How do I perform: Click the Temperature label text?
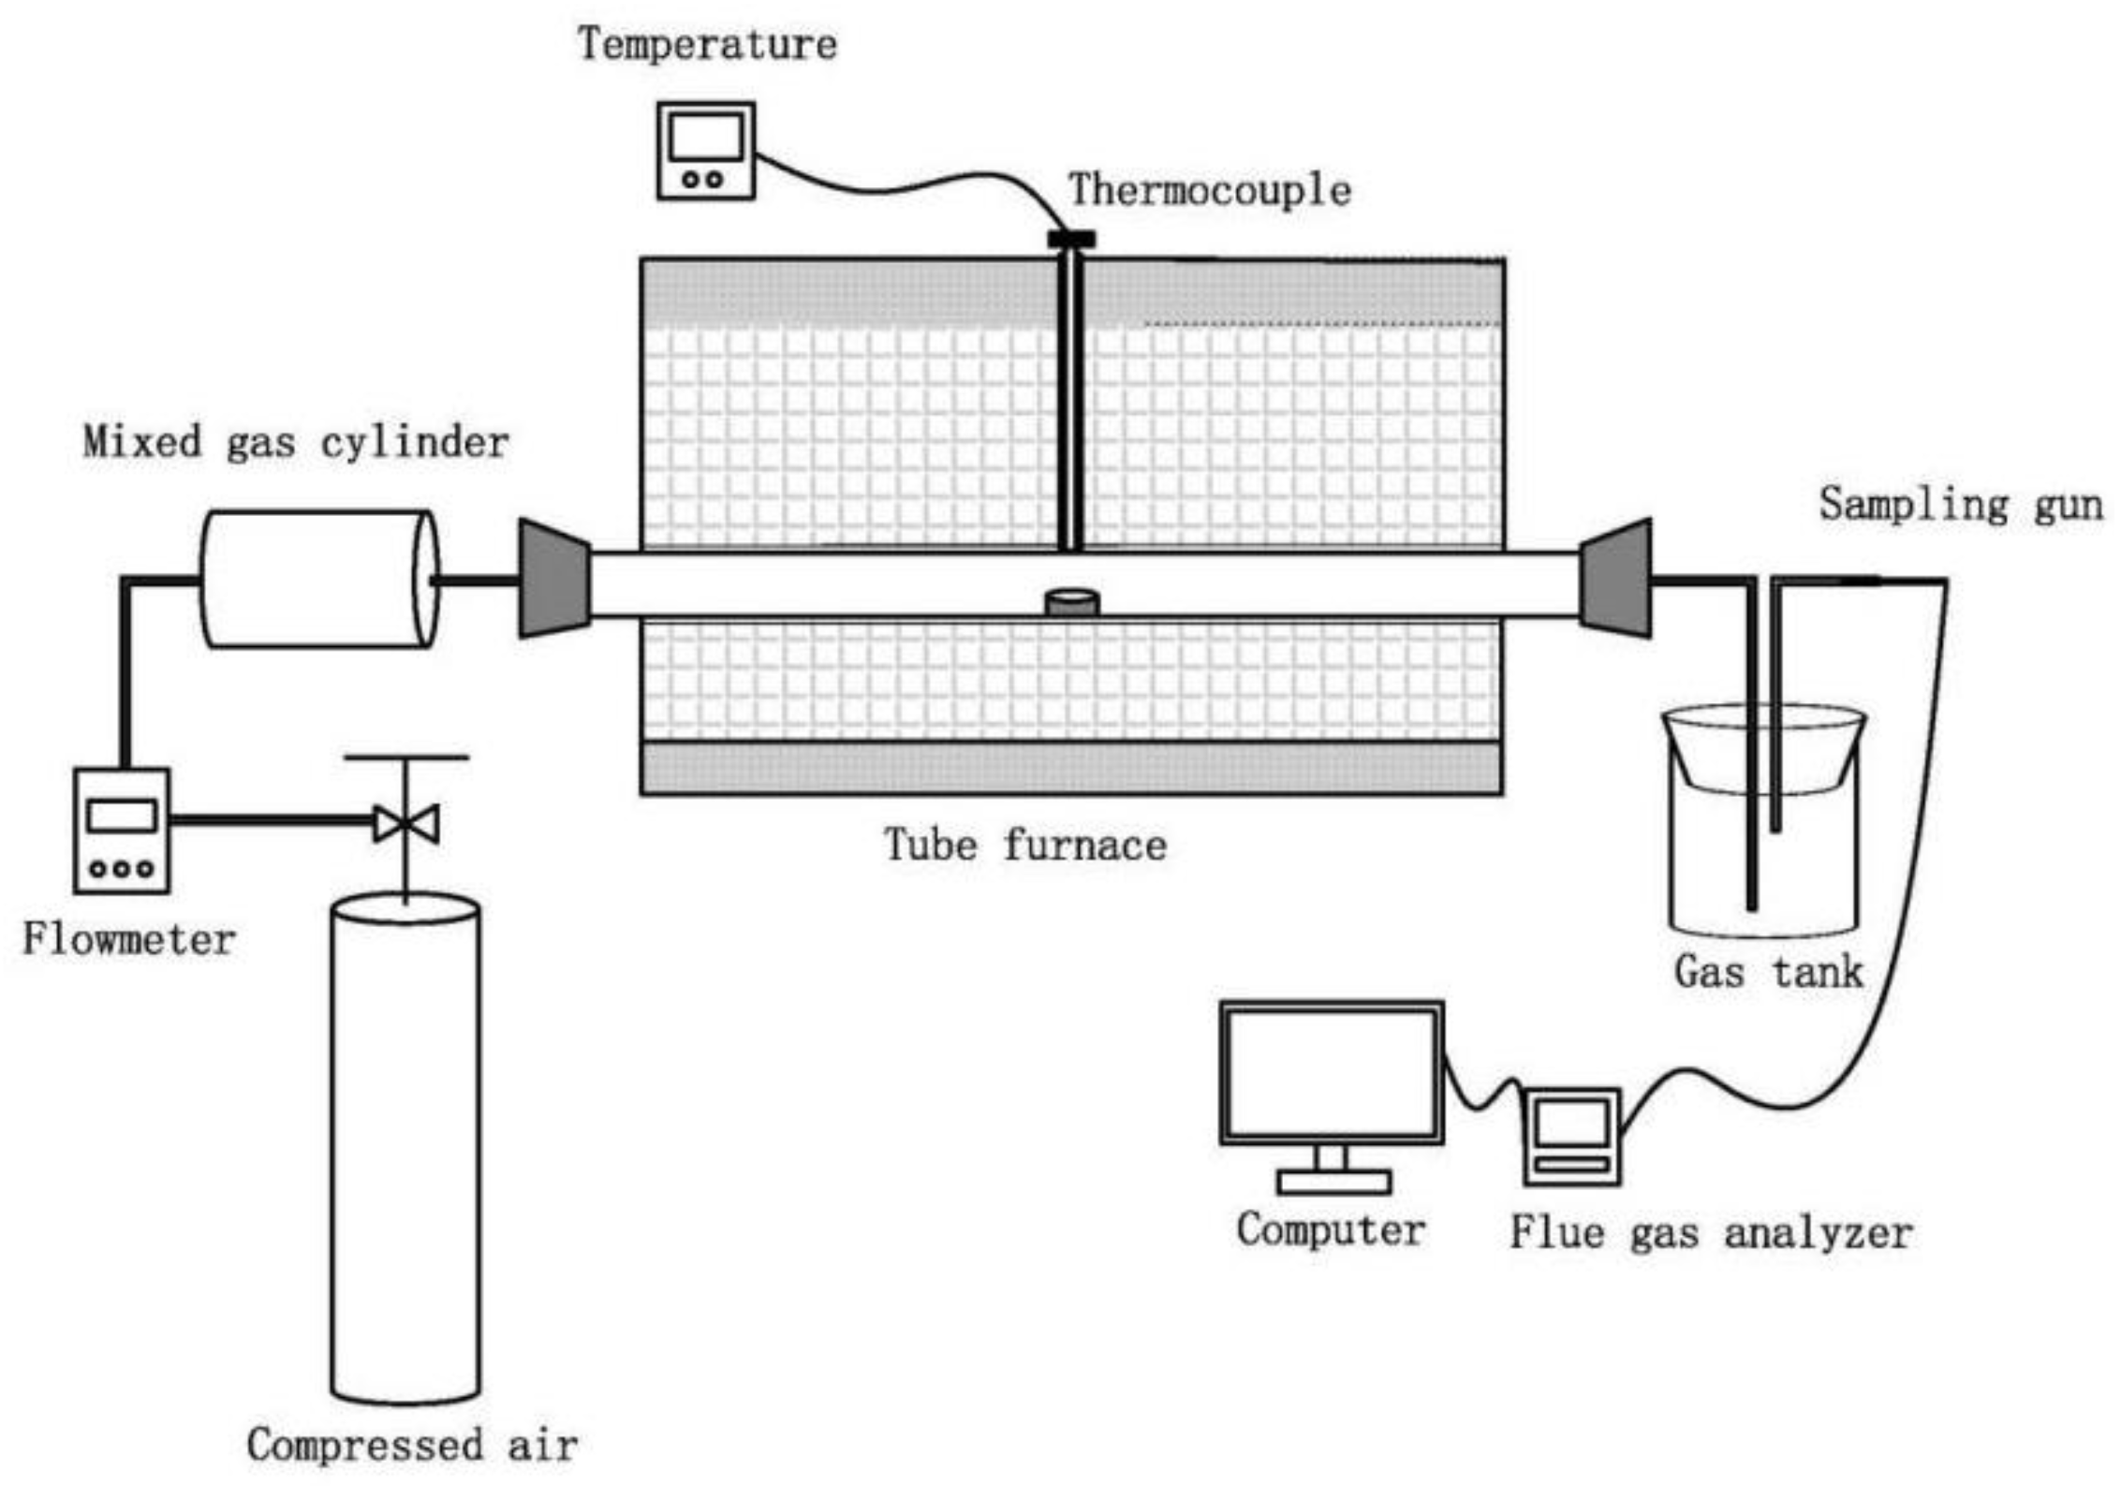707,45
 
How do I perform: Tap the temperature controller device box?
705,151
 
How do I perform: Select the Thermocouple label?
1210,191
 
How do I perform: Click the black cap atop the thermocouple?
1070,239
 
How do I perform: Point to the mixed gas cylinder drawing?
318,579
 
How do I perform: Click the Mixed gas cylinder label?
296,443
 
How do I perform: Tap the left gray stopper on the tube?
554,579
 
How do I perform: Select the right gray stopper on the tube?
1615,579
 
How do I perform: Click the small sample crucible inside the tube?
1072,602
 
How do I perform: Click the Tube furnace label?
1025,846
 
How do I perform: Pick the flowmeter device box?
122,831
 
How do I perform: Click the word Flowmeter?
128,940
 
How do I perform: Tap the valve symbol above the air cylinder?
405,823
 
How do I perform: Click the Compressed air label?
412,1445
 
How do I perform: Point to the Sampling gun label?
1961,505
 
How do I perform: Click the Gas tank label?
1768,972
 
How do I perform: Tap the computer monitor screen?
1331,1073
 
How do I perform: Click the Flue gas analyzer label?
1711,1233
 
